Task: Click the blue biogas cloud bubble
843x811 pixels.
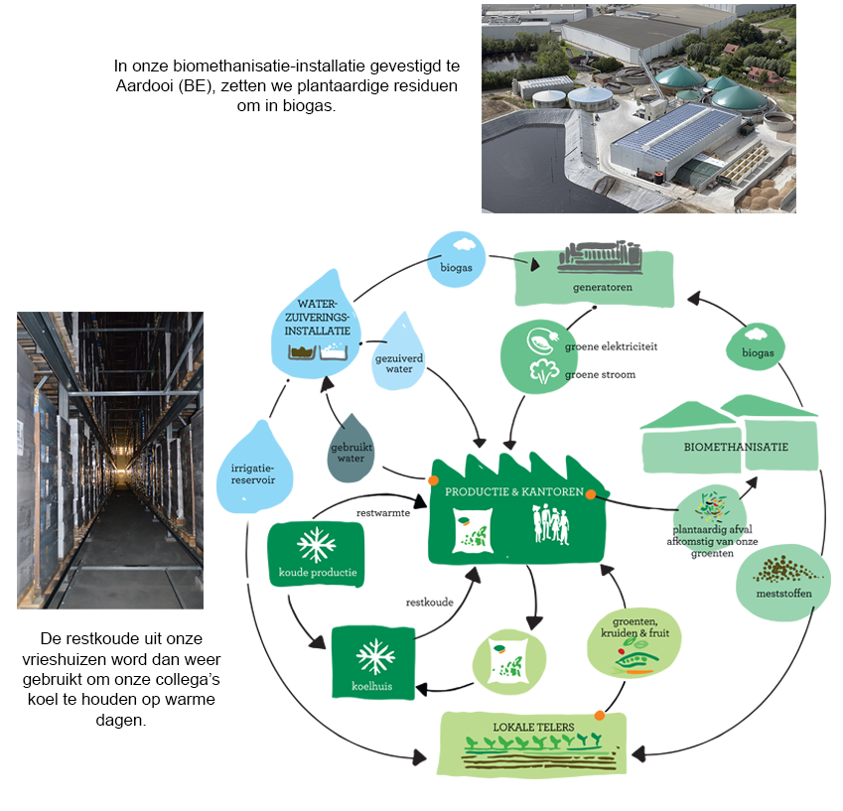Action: tap(457, 259)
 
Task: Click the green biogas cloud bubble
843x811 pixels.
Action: tap(756, 346)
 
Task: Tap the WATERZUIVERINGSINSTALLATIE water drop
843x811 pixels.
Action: tap(316, 327)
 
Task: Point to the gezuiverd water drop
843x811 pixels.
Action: tap(398, 354)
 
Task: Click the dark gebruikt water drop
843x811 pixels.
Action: tap(351, 450)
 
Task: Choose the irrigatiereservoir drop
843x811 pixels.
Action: tap(254, 470)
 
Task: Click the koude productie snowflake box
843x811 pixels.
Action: tap(317, 554)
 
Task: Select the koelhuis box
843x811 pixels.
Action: tap(372, 663)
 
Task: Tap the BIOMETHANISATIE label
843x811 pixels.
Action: tap(736, 447)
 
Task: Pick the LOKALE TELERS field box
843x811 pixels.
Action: tap(533, 743)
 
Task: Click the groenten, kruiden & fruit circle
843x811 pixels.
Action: tap(633, 642)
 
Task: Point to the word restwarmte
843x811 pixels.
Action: tap(383, 513)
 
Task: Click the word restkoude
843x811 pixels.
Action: tap(429, 603)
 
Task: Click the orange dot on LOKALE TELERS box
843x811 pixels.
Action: tap(600, 716)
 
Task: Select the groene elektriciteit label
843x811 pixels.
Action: tap(611, 346)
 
